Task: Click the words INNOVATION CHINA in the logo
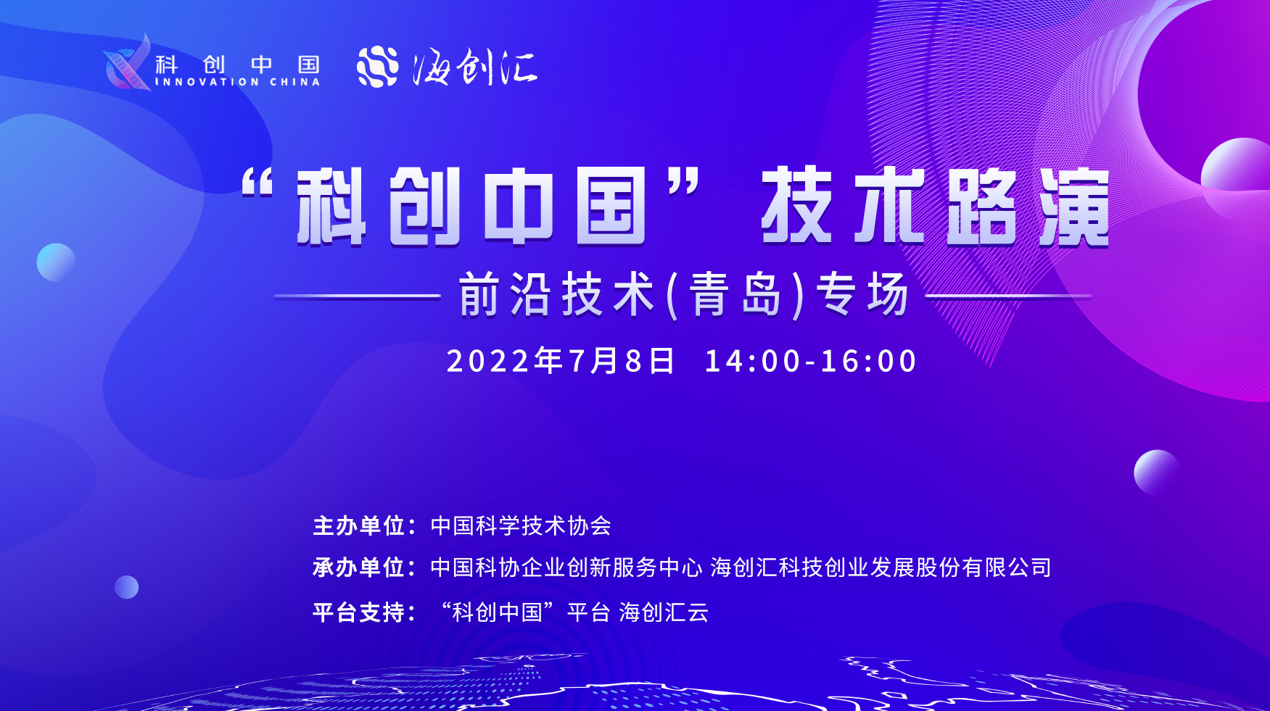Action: pyautogui.click(x=237, y=82)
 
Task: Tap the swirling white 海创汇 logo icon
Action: pyautogui.click(x=377, y=67)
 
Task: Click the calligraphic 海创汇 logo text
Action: pyautogui.click(x=475, y=67)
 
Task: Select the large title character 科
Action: pyautogui.click(x=331, y=207)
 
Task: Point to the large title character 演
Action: pyautogui.click(x=1074, y=207)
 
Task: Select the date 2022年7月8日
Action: pyautogui.click(x=561, y=361)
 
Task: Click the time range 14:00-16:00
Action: pyautogui.click(x=811, y=361)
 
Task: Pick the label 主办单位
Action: pyautogui.click(x=358, y=525)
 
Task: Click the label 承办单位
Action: pyautogui.click(x=358, y=567)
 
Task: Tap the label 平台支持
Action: pyautogui.click(x=358, y=612)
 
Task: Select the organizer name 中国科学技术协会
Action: pyautogui.click(x=521, y=525)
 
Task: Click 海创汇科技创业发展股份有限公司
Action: pyautogui.click(x=881, y=567)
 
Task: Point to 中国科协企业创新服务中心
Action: pyautogui.click(x=566, y=567)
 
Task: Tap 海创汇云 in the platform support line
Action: pyautogui.click(x=664, y=612)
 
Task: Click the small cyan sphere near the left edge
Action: pyautogui.click(x=56, y=262)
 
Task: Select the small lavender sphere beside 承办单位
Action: pyautogui.click(x=126, y=587)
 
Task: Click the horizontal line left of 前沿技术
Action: pyautogui.click(x=358, y=296)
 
